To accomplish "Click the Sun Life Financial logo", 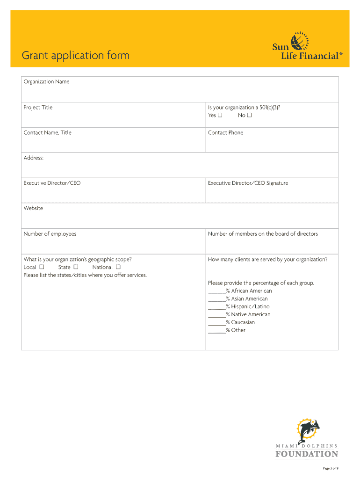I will point(307,46).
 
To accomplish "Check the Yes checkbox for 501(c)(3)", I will point(220,115).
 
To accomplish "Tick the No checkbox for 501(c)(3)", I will point(249,115).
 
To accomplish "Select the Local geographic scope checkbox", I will point(42,267).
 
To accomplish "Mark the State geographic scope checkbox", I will point(75,267).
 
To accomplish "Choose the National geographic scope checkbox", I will point(118,267).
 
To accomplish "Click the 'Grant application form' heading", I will point(76,56).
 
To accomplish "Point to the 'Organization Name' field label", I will point(46,82).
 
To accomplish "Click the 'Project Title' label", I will point(38,108).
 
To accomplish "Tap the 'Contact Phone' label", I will point(225,133).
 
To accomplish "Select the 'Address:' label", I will point(34,158).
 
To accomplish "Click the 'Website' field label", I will point(33,209).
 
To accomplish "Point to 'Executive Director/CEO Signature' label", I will point(248,183).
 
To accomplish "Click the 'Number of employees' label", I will point(50,234).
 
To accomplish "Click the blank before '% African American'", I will point(216,291).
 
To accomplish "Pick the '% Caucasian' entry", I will point(240,322).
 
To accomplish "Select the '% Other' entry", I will point(235,330).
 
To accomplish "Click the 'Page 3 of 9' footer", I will point(330,468).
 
